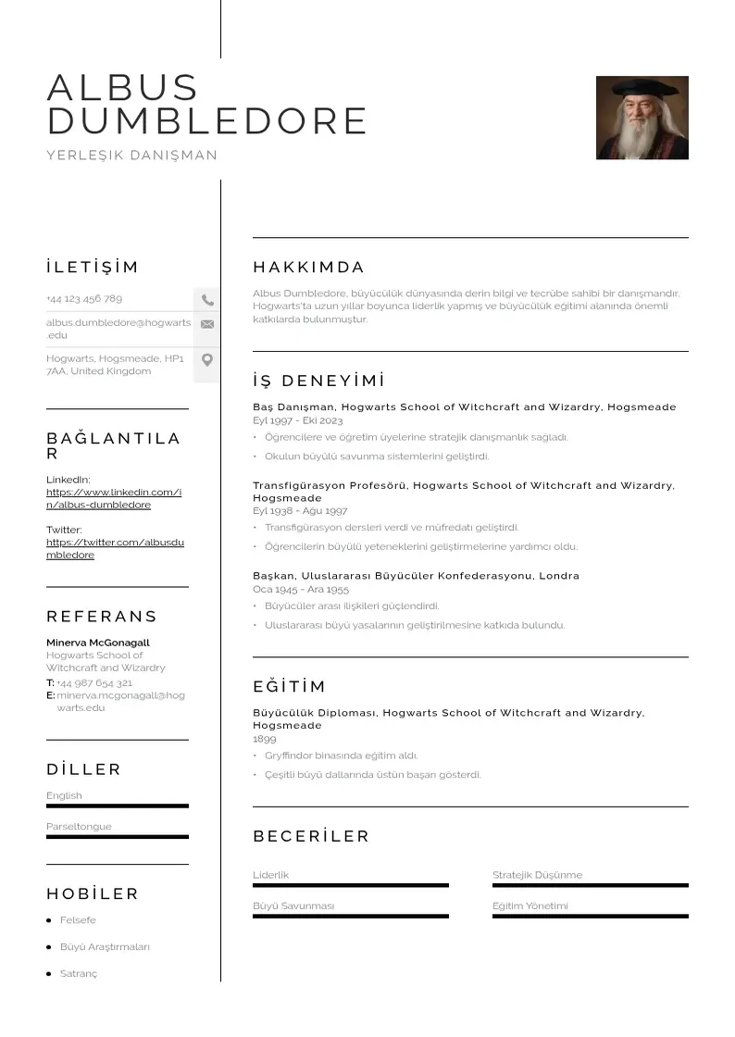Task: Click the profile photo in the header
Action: (x=642, y=118)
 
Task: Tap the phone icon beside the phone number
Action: (x=207, y=300)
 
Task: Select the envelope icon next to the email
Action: (x=207, y=324)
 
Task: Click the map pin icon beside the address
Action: (x=207, y=360)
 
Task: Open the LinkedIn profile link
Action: (x=114, y=498)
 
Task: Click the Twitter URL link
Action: (x=115, y=548)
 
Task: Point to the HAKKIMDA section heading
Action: (x=309, y=268)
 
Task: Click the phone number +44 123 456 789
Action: (x=84, y=299)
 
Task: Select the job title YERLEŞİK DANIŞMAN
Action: (x=132, y=156)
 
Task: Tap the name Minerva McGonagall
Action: (x=98, y=643)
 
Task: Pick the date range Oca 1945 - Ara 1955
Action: (x=301, y=589)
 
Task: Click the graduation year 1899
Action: (x=265, y=740)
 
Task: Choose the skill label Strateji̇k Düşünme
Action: (x=537, y=875)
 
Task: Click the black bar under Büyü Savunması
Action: (x=350, y=917)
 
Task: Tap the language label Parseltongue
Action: (x=79, y=827)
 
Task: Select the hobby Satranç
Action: (x=79, y=974)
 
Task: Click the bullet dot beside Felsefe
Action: (x=49, y=920)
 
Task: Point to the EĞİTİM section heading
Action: (x=290, y=687)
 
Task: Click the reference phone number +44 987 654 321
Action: (x=94, y=683)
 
